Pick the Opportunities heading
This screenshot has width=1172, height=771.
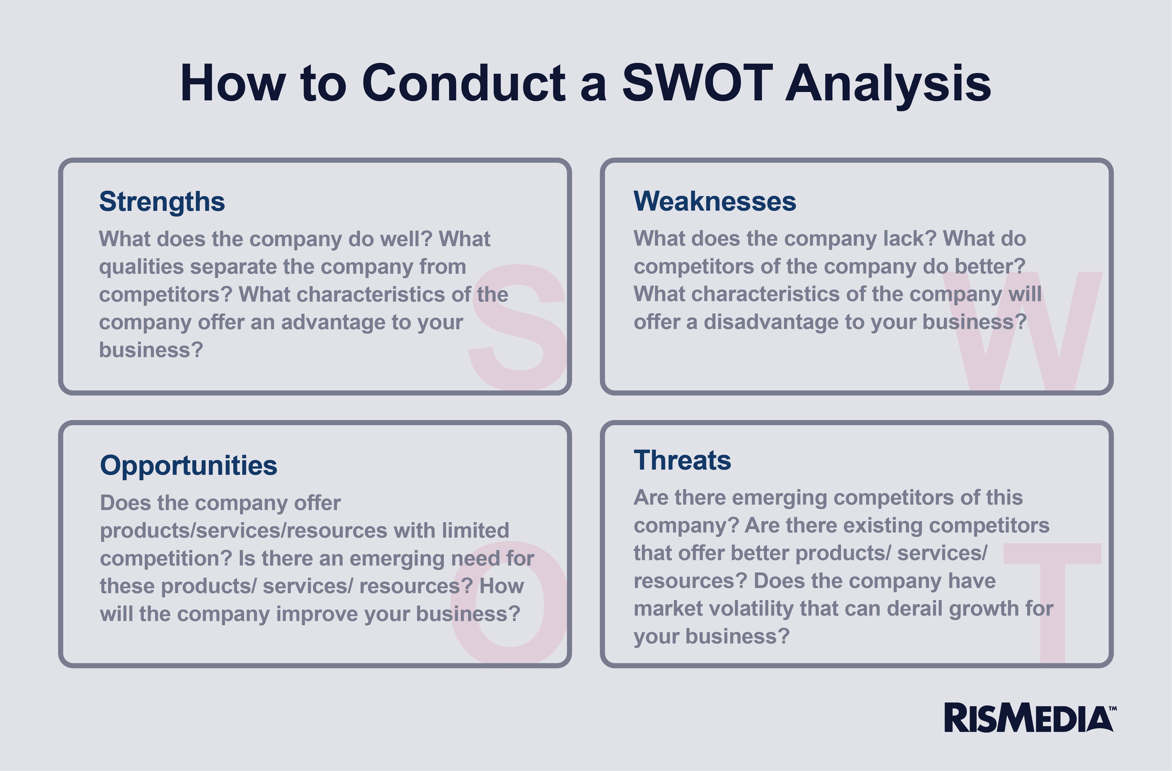pos(189,466)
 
